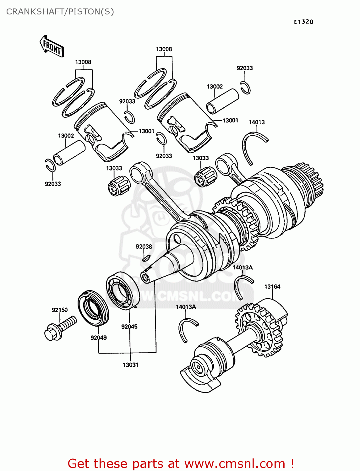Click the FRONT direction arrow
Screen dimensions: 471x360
point(52,46)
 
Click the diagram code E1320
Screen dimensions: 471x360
point(303,22)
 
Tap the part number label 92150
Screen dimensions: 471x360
point(60,310)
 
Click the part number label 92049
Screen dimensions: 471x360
point(98,338)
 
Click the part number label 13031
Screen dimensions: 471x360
point(130,365)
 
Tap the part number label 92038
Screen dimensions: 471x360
point(144,246)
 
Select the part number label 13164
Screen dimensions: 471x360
point(272,286)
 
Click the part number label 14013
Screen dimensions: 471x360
point(257,122)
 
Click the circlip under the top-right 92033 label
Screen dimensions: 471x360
point(246,88)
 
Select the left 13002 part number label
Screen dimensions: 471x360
point(66,136)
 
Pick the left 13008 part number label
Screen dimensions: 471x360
point(83,62)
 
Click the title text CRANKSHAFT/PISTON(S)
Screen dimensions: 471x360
point(60,12)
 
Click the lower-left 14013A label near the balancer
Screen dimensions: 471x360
point(186,307)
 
